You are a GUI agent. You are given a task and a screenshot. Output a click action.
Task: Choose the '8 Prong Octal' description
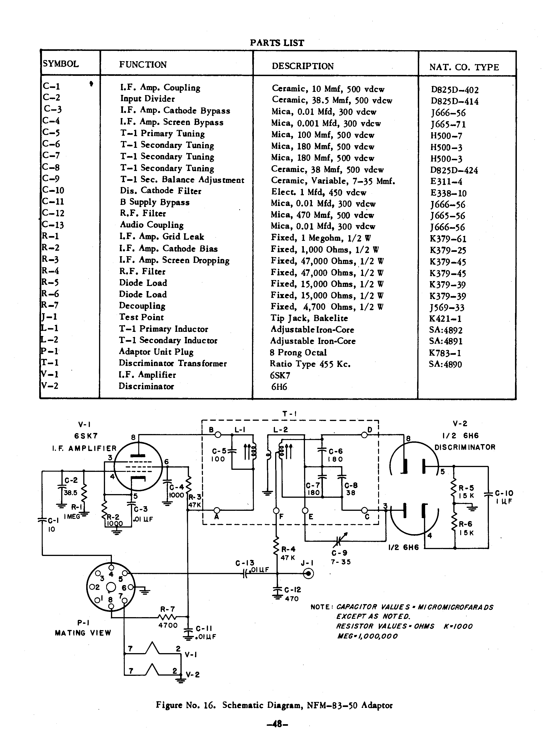[x=298, y=352]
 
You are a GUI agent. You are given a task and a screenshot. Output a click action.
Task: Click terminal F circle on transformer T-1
[x=276, y=510]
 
